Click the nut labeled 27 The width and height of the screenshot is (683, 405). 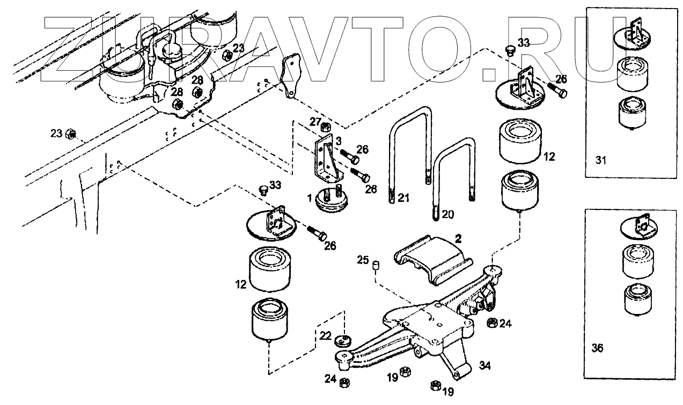[x=326, y=128]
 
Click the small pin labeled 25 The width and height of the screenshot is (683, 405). [x=377, y=266]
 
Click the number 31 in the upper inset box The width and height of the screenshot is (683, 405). [x=601, y=160]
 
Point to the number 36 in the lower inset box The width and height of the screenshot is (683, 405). [x=597, y=348]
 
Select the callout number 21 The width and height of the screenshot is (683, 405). [x=403, y=199]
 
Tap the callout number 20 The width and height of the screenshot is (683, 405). [x=448, y=214]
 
